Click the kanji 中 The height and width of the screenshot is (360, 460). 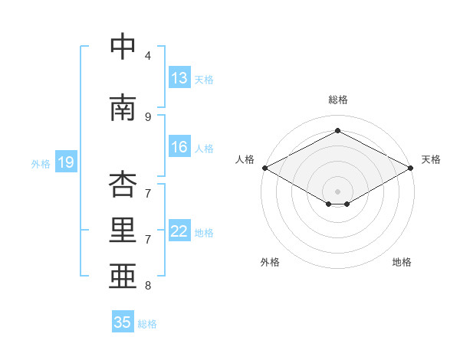[x=123, y=46]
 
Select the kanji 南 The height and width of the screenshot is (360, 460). [x=123, y=107]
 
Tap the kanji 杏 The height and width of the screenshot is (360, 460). [x=123, y=184]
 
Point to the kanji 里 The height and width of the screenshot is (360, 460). [x=123, y=230]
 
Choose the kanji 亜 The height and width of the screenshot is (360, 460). [x=123, y=276]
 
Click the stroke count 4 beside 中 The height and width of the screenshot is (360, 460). [x=148, y=55]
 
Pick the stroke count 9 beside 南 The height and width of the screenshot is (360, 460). [x=148, y=117]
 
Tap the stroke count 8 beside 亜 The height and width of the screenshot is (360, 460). [x=148, y=285]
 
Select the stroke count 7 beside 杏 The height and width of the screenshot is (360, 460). [x=148, y=194]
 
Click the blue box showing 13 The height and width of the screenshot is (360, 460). [x=179, y=77]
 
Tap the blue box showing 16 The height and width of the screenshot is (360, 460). [x=179, y=146]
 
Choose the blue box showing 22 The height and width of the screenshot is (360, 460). [x=179, y=230]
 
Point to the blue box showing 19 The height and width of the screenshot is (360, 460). [x=66, y=162]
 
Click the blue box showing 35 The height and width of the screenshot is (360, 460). [x=123, y=321]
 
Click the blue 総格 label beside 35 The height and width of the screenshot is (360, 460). [x=147, y=324]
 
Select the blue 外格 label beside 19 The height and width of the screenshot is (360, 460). [x=41, y=164]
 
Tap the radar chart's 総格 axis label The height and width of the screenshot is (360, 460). [x=337, y=100]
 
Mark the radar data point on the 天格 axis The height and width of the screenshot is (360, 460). [x=411, y=168]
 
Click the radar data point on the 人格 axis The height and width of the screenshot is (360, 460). [x=265, y=168]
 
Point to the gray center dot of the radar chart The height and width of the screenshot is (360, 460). [x=337, y=191]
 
